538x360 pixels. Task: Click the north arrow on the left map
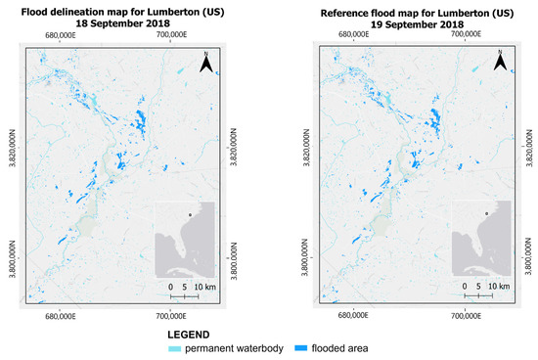(x=206, y=64)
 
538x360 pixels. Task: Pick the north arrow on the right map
(x=499, y=64)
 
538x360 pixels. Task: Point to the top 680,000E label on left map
(x=60, y=34)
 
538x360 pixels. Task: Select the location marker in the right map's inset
(x=485, y=212)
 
